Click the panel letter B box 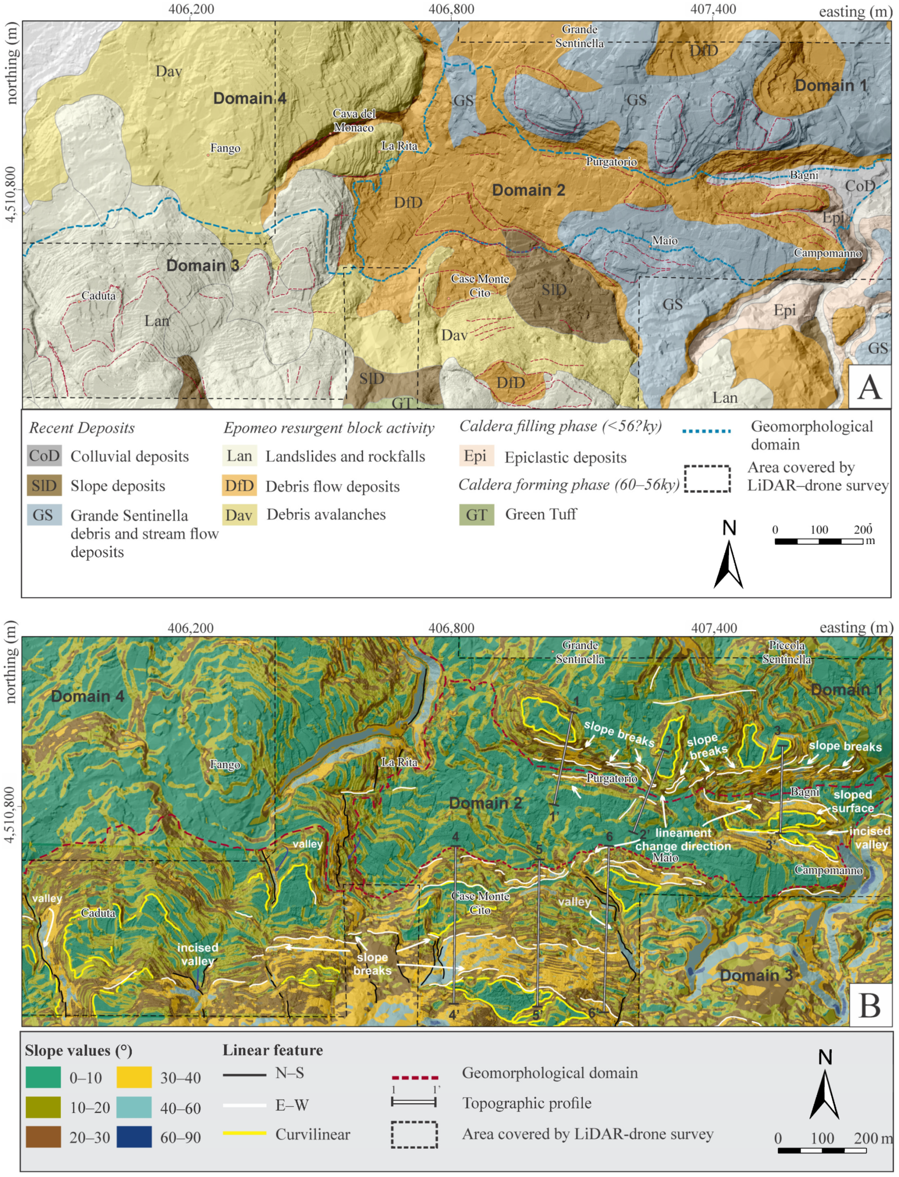click(x=869, y=1006)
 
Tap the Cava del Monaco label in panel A click(x=354, y=120)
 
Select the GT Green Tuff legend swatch click(x=476, y=515)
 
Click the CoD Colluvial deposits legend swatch click(x=44, y=456)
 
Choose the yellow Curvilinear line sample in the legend click(x=244, y=1133)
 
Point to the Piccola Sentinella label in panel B click(x=786, y=652)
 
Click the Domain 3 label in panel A click(x=202, y=265)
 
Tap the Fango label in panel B click(x=225, y=765)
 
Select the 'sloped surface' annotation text click(x=852, y=801)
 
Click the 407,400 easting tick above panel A click(x=714, y=9)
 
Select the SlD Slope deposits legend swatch click(x=44, y=485)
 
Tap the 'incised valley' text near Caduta click(x=197, y=954)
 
